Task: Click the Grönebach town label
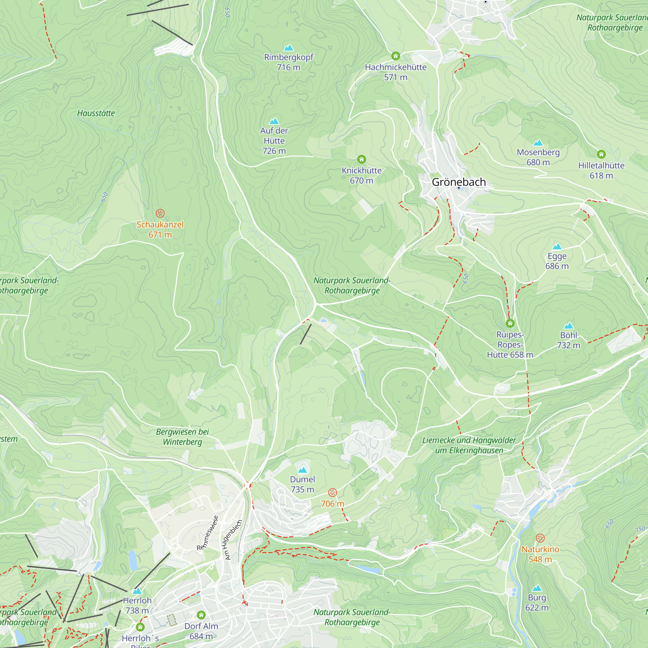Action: coord(458,182)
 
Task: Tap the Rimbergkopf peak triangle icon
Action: coord(288,48)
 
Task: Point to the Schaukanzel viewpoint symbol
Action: coord(160,213)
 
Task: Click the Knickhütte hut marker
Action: coord(361,159)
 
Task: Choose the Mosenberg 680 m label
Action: coord(538,157)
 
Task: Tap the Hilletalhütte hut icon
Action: coord(601,154)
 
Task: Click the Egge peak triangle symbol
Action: coord(557,247)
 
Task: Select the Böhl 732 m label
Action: coord(569,340)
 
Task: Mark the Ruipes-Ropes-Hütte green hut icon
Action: coord(510,323)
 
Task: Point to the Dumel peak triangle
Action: coord(302,470)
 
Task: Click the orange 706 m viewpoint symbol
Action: coord(332,492)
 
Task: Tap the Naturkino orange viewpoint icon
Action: coord(540,538)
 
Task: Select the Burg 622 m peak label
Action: coord(537,603)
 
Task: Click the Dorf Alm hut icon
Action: coord(201,615)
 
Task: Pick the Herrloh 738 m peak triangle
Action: coord(137,591)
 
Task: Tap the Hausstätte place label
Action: coord(96,113)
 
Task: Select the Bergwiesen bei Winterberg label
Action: coord(182,437)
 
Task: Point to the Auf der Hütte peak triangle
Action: coord(274,121)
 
